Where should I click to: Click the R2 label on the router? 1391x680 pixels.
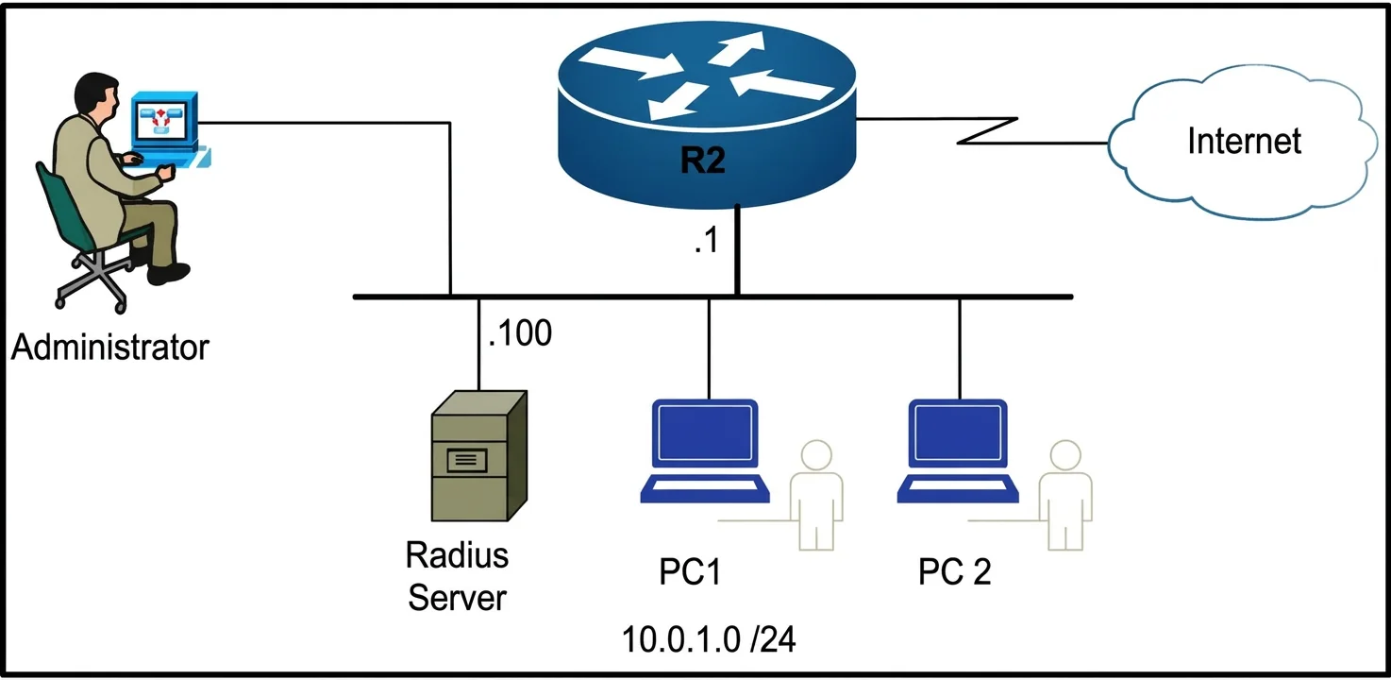(702, 160)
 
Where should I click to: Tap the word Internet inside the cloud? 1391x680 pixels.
(1244, 141)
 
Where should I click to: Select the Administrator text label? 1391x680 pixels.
(109, 347)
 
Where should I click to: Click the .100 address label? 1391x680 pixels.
(520, 332)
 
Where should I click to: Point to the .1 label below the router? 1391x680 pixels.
(707, 240)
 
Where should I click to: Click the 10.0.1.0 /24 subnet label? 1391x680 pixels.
(709, 639)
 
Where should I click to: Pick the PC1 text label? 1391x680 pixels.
(690, 571)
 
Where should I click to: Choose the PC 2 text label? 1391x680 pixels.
(954, 571)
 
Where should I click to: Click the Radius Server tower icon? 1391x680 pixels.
(479, 455)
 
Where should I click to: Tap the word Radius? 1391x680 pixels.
(457, 555)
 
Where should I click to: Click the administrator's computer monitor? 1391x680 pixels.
(164, 120)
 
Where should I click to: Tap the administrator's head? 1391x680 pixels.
(96, 93)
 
